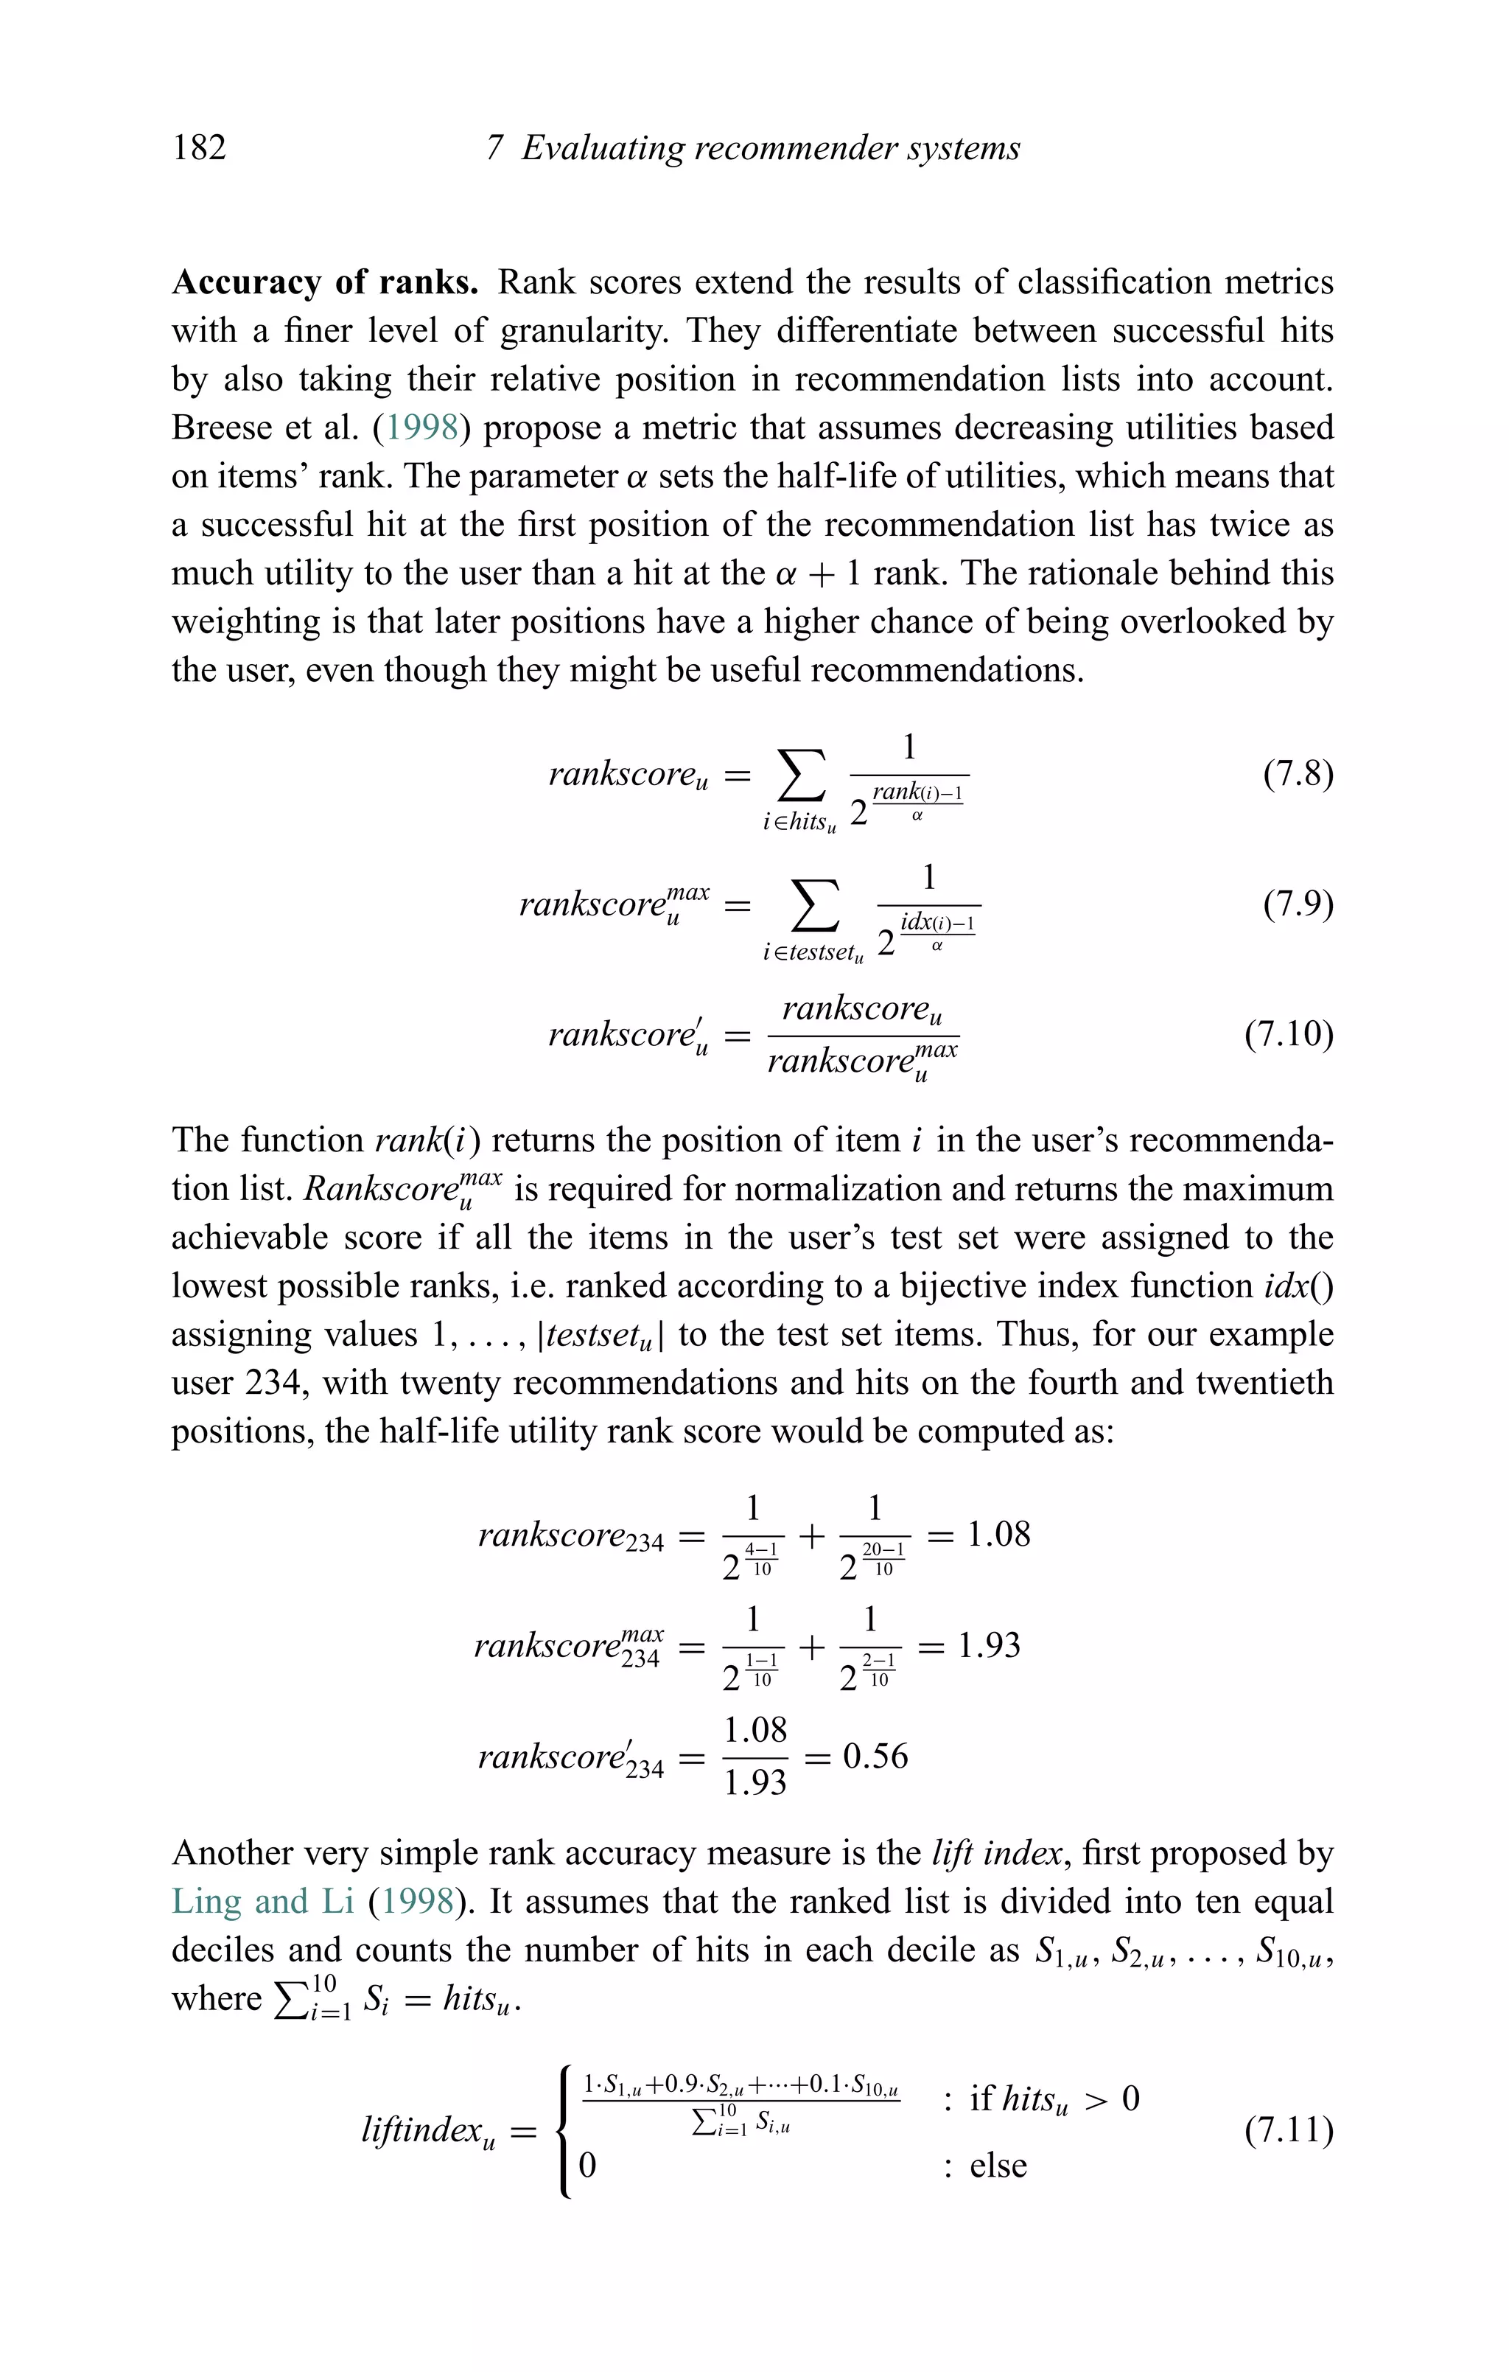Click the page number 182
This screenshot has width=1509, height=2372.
pos(199,147)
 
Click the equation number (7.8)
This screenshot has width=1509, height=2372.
pos(1298,773)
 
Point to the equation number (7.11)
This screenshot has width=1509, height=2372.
pos(1289,2131)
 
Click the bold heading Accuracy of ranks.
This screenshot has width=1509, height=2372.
pos(325,283)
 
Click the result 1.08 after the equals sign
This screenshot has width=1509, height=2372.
pos(999,1535)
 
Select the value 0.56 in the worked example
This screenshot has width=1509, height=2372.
pos(875,1757)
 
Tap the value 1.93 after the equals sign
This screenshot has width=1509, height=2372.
pos(989,1645)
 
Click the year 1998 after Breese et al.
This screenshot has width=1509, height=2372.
pos(422,428)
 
